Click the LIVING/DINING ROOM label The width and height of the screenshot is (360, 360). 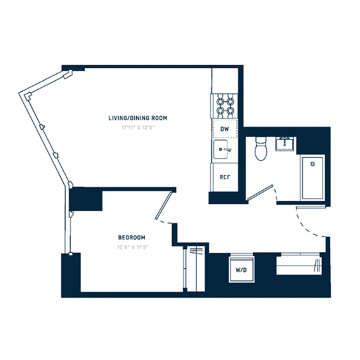138,118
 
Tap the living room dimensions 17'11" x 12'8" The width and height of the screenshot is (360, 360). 138,127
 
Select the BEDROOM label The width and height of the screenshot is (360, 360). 131,238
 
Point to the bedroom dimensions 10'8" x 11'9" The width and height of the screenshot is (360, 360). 131,247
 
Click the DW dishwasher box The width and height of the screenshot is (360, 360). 225,129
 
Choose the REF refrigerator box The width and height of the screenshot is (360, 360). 225,177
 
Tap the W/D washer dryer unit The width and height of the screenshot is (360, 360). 241,270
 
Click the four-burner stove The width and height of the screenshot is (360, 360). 225,105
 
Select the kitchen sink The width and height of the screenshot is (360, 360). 222,148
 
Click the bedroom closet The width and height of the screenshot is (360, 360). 194,268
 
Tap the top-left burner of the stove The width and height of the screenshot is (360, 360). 220,100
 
